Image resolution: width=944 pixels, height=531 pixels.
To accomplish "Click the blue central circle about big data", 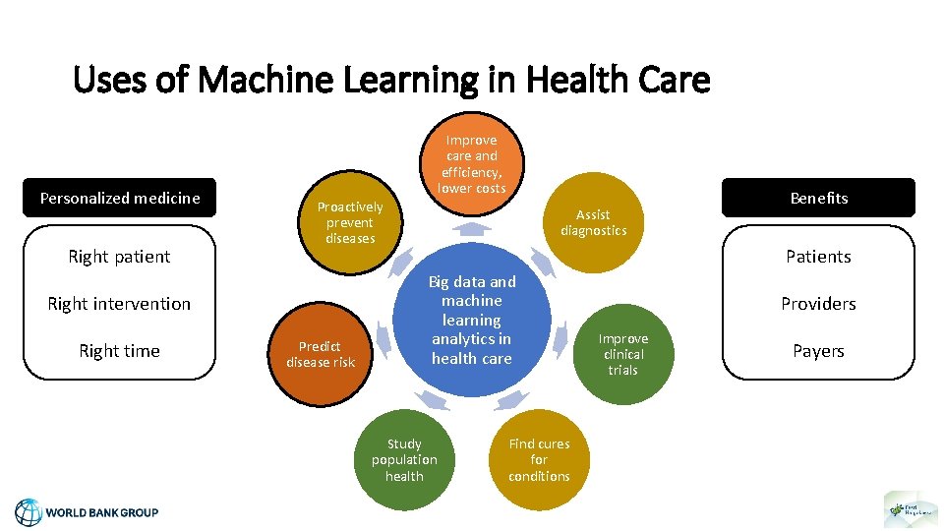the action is tap(472, 321).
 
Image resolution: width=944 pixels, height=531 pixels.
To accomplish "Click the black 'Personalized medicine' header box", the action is tap(120, 198).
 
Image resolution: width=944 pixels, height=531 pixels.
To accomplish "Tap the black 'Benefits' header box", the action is tap(818, 198).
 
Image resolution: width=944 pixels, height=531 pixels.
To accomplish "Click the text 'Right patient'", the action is tap(120, 257).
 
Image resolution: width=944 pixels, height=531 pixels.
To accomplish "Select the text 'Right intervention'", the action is tap(120, 304).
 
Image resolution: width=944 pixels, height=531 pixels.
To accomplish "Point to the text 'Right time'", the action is tap(120, 351).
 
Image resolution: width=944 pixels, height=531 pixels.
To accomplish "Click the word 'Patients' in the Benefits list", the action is tap(818, 257).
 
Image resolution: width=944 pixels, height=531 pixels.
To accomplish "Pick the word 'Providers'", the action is tap(818, 304).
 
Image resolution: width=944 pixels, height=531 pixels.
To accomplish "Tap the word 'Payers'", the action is tap(818, 351).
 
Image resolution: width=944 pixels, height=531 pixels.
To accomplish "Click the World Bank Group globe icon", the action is tap(29, 512).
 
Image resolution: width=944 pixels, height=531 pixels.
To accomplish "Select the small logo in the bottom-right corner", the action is tap(911, 509).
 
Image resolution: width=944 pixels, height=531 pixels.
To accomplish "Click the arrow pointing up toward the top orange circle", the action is tap(473, 229).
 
